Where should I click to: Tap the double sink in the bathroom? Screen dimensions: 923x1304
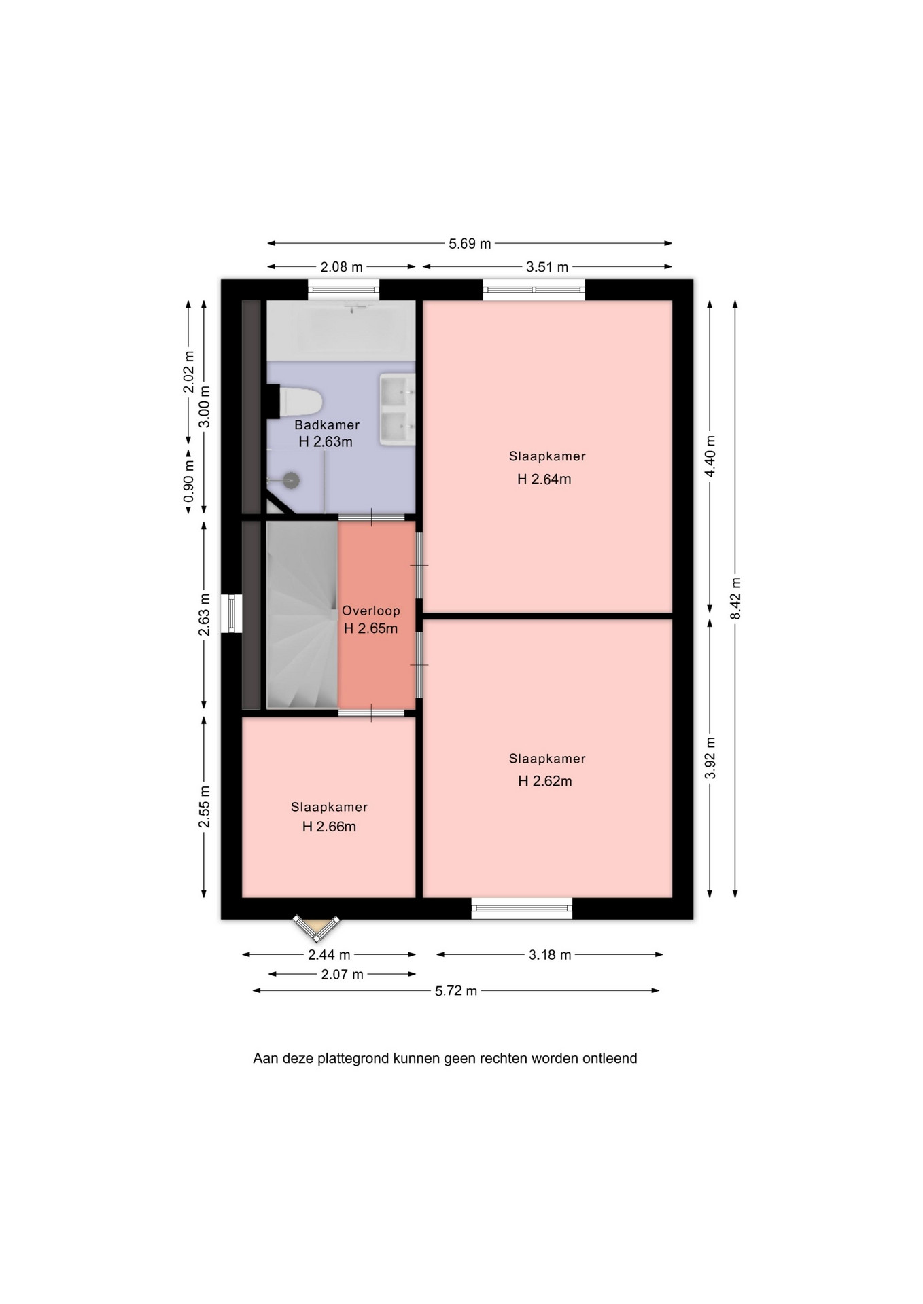click(x=397, y=409)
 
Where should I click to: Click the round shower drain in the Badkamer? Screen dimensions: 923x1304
click(x=292, y=480)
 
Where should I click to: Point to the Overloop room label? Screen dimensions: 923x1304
click(x=370, y=611)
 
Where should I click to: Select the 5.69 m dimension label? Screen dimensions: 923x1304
click(x=470, y=244)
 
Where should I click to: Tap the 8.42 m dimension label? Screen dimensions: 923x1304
click(x=735, y=598)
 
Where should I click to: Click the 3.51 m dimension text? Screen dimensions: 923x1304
click(x=547, y=267)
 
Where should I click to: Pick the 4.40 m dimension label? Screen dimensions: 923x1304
click(x=710, y=456)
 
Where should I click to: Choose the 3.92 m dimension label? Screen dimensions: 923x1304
click(x=710, y=758)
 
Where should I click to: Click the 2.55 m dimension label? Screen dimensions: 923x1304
click(x=204, y=807)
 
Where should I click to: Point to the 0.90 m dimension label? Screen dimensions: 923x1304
click(x=189, y=481)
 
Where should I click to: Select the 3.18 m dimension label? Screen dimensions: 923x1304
click(x=550, y=955)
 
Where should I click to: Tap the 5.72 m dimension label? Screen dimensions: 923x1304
click(x=456, y=991)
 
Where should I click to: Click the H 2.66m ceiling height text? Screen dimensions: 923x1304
click(x=329, y=827)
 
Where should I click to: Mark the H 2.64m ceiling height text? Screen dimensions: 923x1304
click(x=544, y=479)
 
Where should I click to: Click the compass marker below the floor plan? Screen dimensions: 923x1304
click(x=316, y=928)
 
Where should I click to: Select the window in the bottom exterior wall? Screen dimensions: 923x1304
click(x=522, y=908)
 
